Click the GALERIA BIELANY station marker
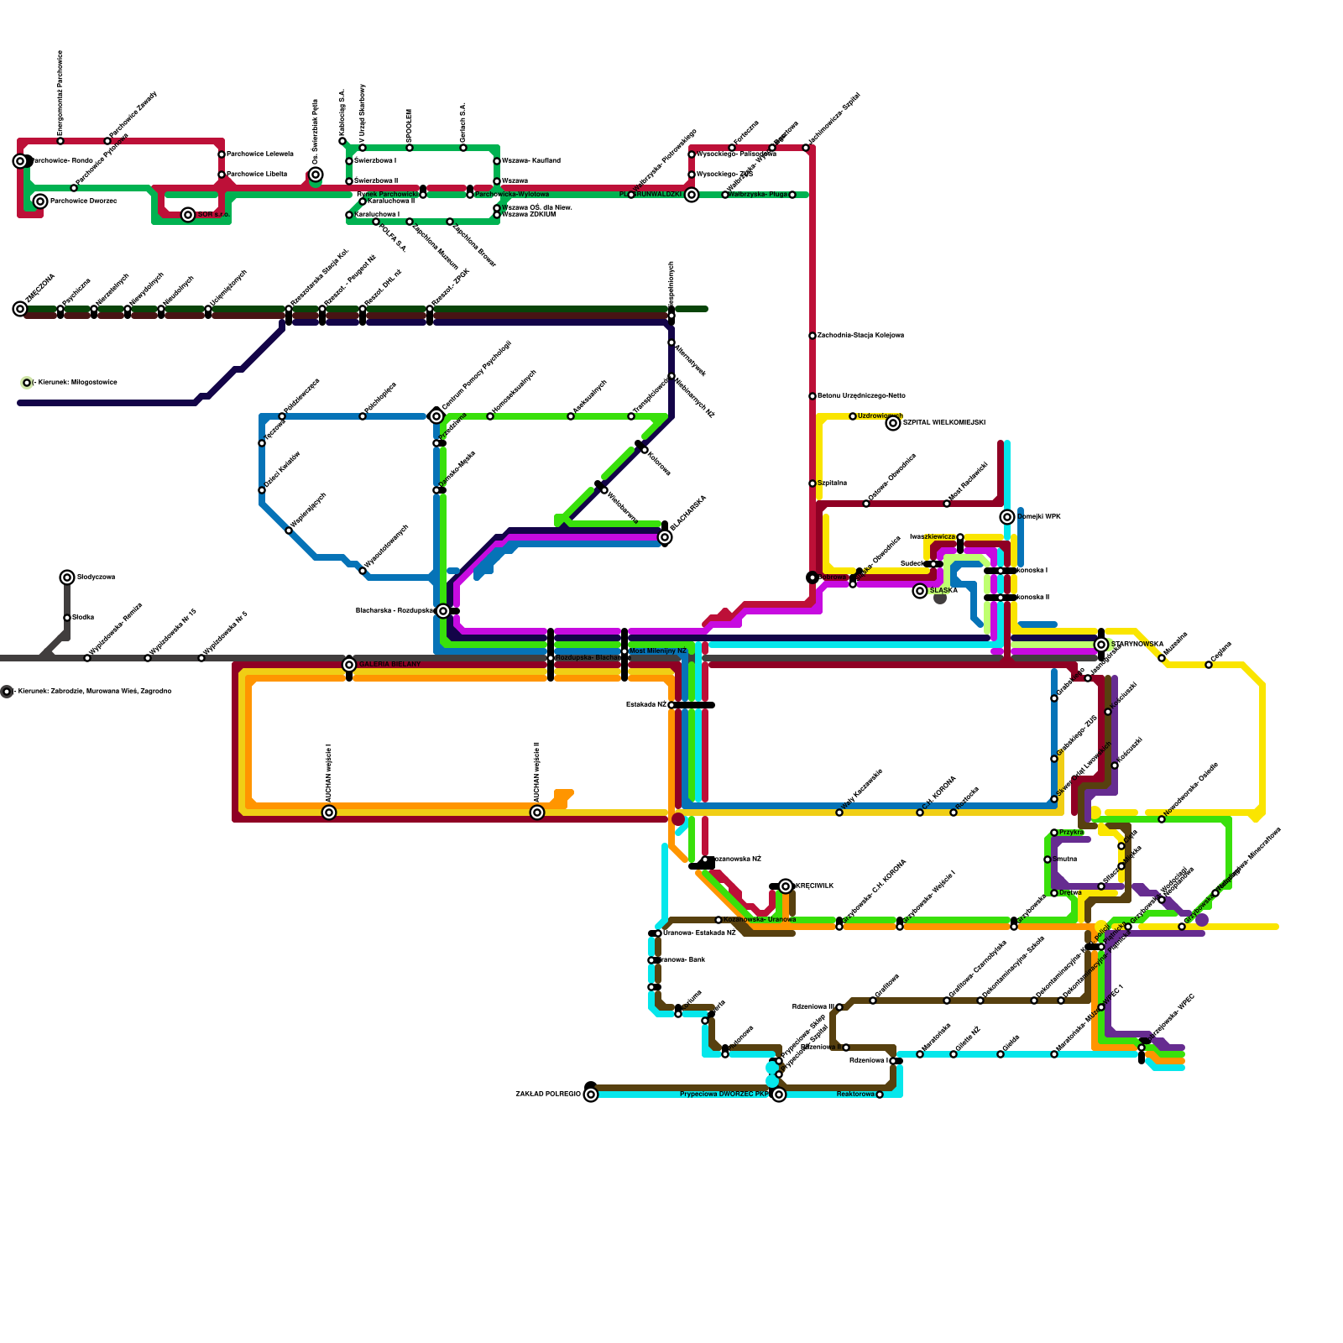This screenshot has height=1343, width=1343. (349, 665)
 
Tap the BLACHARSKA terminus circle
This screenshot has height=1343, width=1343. (665, 537)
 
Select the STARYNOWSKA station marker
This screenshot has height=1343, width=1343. (1101, 645)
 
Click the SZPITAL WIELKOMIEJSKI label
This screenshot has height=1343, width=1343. (944, 423)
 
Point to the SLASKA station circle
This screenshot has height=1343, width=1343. (920, 591)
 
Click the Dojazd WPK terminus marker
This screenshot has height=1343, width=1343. (1007, 517)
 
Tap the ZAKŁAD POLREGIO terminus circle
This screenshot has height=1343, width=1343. (591, 1095)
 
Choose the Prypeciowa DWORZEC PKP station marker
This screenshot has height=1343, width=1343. (779, 1095)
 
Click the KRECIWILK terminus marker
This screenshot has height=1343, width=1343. (786, 886)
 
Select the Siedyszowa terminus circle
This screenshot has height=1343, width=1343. (67, 577)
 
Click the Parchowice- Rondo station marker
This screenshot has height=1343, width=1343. (20, 161)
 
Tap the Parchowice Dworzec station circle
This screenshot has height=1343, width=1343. (40, 201)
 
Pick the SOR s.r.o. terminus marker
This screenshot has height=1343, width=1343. (188, 215)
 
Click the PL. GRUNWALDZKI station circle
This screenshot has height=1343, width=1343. (692, 195)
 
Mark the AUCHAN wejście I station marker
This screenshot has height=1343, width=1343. (329, 813)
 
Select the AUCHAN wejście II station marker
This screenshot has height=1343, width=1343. (537, 813)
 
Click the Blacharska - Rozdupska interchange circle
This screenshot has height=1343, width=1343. (443, 611)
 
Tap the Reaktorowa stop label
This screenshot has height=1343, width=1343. (855, 1095)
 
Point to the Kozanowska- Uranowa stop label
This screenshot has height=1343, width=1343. (759, 920)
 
